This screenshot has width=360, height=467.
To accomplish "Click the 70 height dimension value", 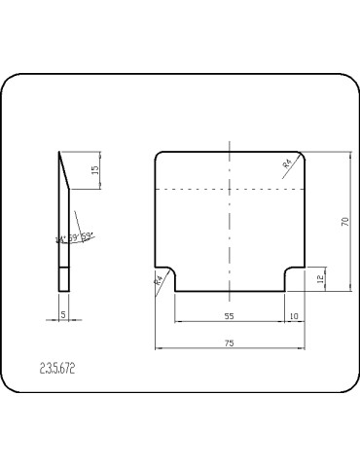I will [344, 221].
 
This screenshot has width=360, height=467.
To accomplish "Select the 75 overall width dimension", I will [229, 343].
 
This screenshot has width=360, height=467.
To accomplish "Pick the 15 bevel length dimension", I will [94, 169].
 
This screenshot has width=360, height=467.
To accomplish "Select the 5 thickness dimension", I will [63, 314].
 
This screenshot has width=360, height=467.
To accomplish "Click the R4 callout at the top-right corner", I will [288, 166].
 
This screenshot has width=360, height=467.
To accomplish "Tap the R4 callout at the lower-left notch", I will [158, 282].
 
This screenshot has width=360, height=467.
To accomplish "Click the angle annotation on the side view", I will [75, 237].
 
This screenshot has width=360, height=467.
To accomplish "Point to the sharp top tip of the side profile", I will [59, 153].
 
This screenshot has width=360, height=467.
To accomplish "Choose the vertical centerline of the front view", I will [229, 224].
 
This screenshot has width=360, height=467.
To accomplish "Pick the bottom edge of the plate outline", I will [229, 290].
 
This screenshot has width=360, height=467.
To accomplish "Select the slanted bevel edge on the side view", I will [64, 169].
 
